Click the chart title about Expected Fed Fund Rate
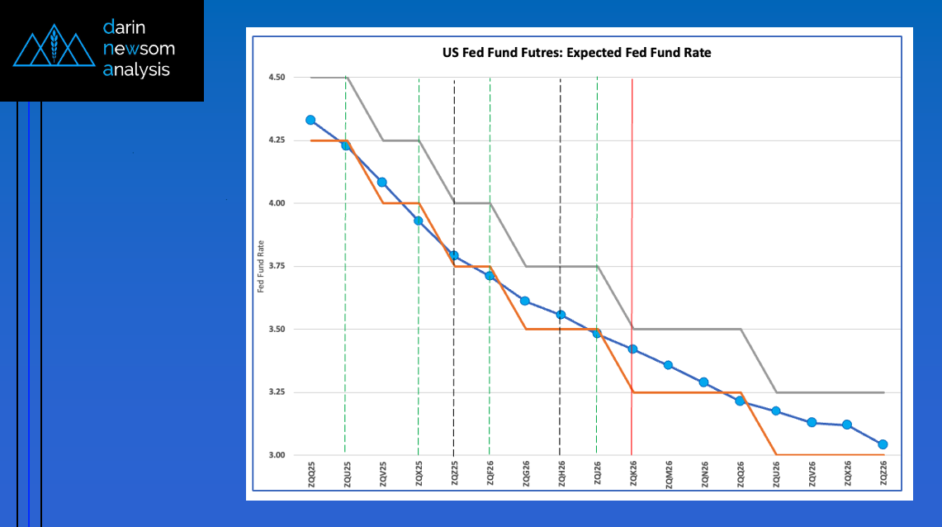click(x=576, y=53)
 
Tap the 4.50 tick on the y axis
click(x=276, y=78)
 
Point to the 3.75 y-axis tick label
click(x=276, y=266)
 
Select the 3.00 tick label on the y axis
click(x=276, y=455)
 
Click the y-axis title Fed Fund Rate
click(x=261, y=266)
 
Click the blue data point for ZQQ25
click(x=310, y=120)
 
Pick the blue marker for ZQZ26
click(x=883, y=444)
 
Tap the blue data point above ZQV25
click(x=381, y=182)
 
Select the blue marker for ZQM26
click(x=668, y=365)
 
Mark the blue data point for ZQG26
click(x=525, y=301)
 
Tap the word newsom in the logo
click(x=139, y=48)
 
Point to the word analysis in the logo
click(x=136, y=70)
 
